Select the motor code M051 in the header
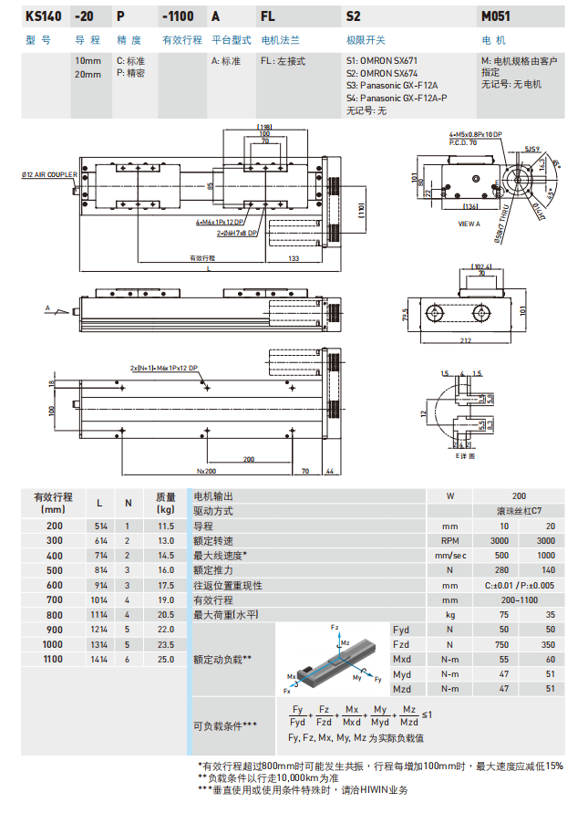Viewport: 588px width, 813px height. [x=496, y=16]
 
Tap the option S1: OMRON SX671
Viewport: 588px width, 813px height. [x=381, y=61]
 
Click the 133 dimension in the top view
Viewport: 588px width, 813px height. [x=293, y=258]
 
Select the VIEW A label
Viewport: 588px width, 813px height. [x=469, y=223]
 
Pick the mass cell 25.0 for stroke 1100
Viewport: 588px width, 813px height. [x=165, y=659]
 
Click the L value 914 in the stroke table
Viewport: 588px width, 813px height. [x=99, y=585]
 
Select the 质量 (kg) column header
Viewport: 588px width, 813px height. [x=165, y=503]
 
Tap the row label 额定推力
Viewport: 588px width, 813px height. [x=213, y=570]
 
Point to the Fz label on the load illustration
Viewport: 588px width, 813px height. [x=334, y=629]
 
